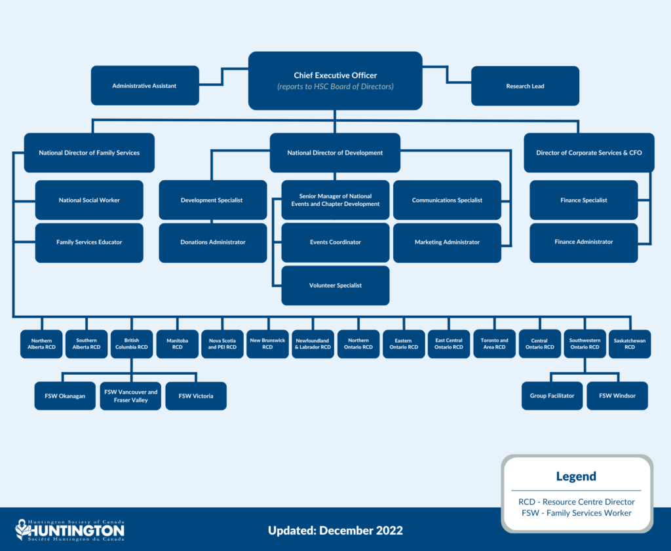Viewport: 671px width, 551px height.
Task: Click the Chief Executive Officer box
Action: (335, 81)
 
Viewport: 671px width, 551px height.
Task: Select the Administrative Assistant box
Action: (144, 86)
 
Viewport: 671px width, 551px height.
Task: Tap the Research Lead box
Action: (525, 86)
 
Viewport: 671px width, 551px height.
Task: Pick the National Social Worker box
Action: (89, 200)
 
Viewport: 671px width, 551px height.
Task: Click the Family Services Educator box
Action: (89, 242)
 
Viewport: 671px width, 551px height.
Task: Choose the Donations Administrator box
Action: (213, 242)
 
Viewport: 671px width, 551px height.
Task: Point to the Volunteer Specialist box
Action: (335, 286)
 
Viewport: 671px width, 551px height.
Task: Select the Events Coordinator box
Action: (335, 242)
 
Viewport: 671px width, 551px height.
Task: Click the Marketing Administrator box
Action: (447, 242)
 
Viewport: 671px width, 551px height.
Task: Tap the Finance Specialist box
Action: (583, 200)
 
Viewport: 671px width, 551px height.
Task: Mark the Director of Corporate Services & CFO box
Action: (588, 153)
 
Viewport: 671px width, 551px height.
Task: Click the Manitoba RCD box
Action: (177, 344)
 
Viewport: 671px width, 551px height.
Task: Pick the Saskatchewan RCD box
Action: (630, 344)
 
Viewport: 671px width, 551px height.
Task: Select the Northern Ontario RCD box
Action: (358, 344)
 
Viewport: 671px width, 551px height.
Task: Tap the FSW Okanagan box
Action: (65, 396)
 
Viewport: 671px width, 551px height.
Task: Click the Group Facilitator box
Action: (552, 396)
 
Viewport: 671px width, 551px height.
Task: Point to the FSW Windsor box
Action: (617, 396)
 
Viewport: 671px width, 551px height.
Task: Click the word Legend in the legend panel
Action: (576, 476)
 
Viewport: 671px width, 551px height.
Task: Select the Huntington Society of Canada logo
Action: (70, 530)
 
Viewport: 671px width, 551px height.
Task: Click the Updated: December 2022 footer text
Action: (335, 530)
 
